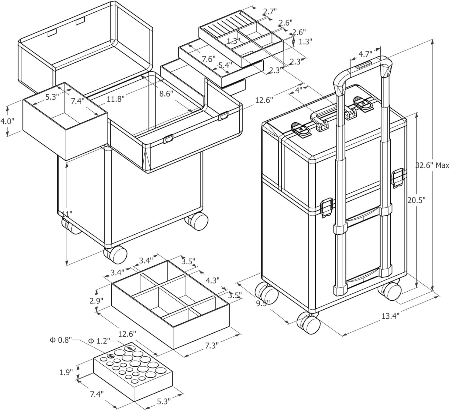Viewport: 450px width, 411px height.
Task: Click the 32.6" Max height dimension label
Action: (432, 165)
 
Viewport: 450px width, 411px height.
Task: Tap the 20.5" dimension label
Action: (417, 200)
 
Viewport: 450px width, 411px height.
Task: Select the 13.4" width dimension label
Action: (391, 316)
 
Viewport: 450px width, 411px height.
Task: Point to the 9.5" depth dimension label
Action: (263, 304)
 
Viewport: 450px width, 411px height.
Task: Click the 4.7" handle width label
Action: (365, 54)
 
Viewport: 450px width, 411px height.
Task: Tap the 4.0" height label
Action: (7, 121)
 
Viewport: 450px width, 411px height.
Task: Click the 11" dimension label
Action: (67, 214)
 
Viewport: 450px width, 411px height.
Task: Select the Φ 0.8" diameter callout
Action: (61, 340)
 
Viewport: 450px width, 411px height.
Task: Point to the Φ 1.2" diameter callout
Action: (99, 340)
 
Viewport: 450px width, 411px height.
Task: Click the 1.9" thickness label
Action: (66, 372)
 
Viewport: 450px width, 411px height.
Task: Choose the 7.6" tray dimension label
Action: (208, 59)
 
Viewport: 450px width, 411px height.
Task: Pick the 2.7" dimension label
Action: (270, 11)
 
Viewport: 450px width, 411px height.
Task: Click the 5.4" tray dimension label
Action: (225, 65)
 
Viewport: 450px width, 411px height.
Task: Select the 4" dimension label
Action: (298, 90)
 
